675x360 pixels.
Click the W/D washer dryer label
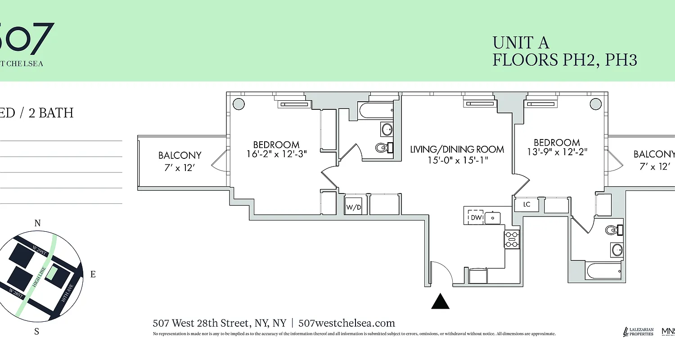point(353,208)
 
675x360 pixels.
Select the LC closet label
point(527,205)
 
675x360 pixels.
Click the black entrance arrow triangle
point(441,301)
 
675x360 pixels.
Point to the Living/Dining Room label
point(457,149)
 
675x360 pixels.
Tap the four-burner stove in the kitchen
point(512,239)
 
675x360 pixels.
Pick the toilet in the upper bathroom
point(383,147)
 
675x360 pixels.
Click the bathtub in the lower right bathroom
point(603,271)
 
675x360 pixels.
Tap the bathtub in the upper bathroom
point(376,110)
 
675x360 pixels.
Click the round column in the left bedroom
point(238,104)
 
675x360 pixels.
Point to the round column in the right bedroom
point(595,104)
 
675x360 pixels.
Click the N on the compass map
point(38,223)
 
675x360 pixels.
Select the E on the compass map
point(93,274)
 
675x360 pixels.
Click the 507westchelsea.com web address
point(346,323)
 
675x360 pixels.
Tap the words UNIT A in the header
point(521,43)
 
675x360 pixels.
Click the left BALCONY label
point(180,155)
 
